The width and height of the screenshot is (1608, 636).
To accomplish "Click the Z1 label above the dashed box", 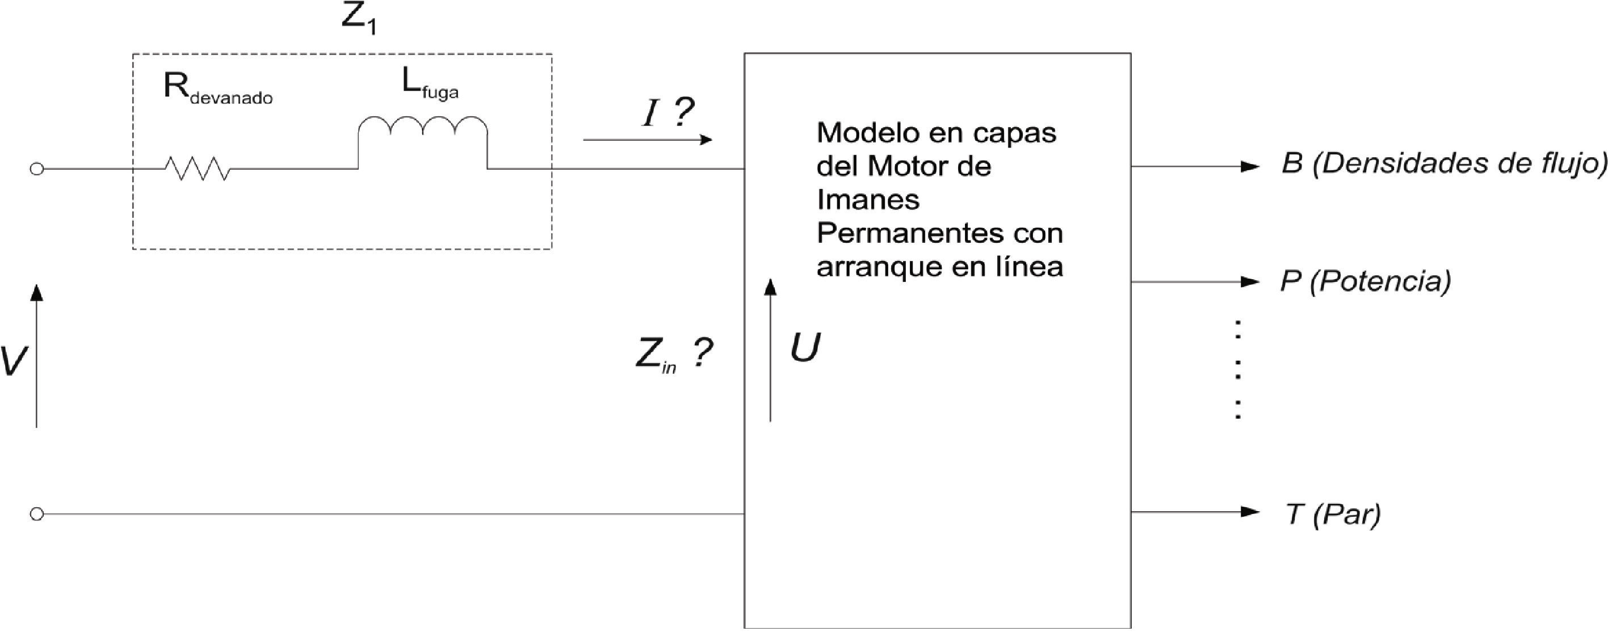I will pyautogui.click(x=359, y=19).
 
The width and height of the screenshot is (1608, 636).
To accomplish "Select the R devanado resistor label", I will pyautogui.click(x=217, y=89).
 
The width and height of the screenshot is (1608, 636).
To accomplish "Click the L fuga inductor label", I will pyautogui.click(x=430, y=85).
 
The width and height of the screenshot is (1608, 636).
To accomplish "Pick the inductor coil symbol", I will pyautogui.click(x=423, y=128).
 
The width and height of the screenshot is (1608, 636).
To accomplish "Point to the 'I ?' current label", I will pyautogui.click(x=667, y=113).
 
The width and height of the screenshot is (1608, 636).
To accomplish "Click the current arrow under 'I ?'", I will pyautogui.click(x=647, y=140).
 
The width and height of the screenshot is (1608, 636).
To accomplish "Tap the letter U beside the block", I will pyautogui.click(x=805, y=348).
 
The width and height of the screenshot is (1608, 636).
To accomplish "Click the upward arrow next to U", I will pyautogui.click(x=770, y=349).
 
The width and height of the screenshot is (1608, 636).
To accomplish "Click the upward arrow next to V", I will pyautogui.click(x=37, y=356).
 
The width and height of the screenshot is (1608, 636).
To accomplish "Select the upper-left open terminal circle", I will pyautogui.click(x=37, y=169).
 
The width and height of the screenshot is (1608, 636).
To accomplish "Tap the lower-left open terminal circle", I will pyautogui.click(x=37, y=513).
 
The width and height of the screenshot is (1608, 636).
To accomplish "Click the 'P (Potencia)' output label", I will pyautogui.click(x=1365, y=281).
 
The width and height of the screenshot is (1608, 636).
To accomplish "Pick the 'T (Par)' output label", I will pyautogui.click(x=1333, y=514).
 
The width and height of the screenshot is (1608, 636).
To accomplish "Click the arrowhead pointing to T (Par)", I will pyautogui.click(x=1250, y=512).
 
